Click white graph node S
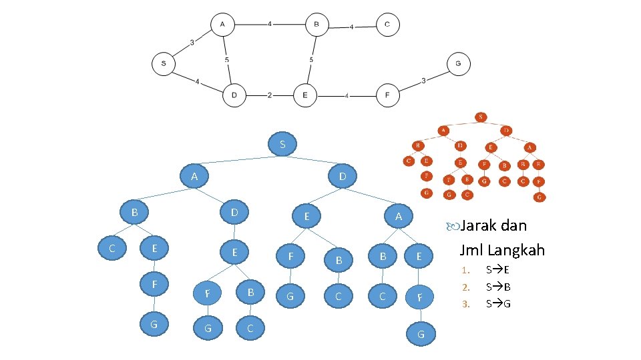click(x=164, y=64)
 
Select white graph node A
click(x=222, y=25)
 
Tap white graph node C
click(x=387, y=25)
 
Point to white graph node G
click(x=458, y=64)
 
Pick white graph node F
click(x=387, y=95)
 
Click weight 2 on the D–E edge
click(x=269, y=95)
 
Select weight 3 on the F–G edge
click(x=424, y=81)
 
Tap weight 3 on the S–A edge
click(x=192, y=43)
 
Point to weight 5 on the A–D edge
click(x=227, y=60)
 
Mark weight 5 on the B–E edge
click(x=311, y=60)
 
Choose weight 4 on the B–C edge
click(x=352, y=27)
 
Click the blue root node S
click(x=283, y=144)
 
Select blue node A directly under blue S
click(x=194, y=177)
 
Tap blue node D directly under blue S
click(x=342, y=177)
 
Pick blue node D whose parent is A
click(x=234, y=213)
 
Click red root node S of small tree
click(x=481, y=117)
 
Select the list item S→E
click(x=498, y=270)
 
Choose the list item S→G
click(x=498, y=305)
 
